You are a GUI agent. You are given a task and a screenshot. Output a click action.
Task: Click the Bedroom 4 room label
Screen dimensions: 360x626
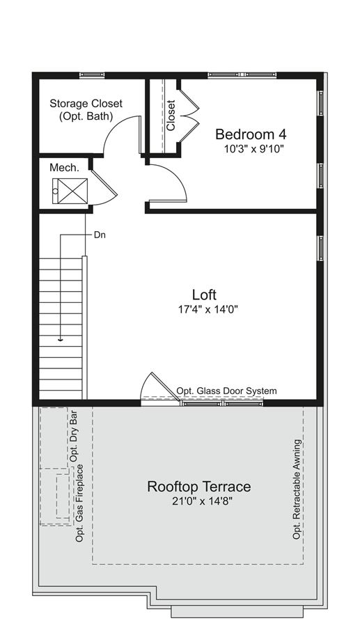pos(251,134)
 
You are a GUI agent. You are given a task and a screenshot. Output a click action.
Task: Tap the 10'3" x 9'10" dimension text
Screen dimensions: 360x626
pos(253,149)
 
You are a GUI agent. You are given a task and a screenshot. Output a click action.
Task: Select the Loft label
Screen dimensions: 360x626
pos(204,295)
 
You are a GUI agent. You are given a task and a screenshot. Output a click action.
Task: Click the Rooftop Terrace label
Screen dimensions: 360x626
pos(199,487)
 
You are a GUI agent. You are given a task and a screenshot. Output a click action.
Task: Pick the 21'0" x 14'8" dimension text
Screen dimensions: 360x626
pos(202,501)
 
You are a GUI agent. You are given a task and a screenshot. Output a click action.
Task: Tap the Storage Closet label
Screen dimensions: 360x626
pos(86,104)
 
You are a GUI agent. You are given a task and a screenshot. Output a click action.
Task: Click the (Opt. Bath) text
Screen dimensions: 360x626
pos(86,116)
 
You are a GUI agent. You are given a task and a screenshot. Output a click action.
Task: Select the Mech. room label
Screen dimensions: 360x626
pos(64,168)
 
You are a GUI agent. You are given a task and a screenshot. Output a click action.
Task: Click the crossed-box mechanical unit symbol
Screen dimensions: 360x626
pos(70,191)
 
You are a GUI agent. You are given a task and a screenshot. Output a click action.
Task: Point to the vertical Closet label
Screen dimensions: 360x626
pos(171,116)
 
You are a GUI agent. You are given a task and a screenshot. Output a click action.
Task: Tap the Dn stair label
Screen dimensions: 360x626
pos(100,235)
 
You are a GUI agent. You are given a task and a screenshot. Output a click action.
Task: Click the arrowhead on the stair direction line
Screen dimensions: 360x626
pos(61,340)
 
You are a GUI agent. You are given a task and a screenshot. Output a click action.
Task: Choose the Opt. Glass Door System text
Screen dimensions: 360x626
pos(226,391)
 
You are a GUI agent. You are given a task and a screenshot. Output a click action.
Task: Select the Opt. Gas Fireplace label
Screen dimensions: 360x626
pos(79,503)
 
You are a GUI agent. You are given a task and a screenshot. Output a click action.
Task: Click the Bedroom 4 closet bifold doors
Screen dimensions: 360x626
pos(189,116)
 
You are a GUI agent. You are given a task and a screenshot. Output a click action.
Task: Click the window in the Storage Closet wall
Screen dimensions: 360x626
pos(92,75)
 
